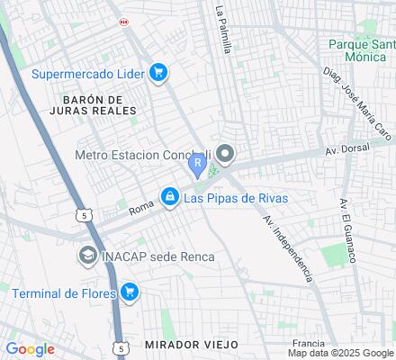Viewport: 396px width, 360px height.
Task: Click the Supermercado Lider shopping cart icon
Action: click(x=159, y=73)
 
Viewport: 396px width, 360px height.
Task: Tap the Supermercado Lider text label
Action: click(x=88, y=73)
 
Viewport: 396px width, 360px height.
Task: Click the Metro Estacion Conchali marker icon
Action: click(x=225, y=156)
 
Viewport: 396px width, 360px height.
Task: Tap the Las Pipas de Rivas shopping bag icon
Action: click(x=168, y=195)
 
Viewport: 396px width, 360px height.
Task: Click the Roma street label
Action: click(x=142, y=208)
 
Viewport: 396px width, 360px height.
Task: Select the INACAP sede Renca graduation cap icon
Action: click(x=87, y=256)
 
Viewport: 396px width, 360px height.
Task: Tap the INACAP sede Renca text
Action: click(x=157, y=256)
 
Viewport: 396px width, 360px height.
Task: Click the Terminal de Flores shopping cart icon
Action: click(x=130, y=291)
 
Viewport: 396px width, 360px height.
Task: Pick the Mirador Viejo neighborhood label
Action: click(x=190, y=345)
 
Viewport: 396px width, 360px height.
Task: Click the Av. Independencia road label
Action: click(x=288, y=245)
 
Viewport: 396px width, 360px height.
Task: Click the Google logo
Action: click(x=30, y=349)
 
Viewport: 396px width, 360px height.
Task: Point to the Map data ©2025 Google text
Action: click(x=341, y=353)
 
